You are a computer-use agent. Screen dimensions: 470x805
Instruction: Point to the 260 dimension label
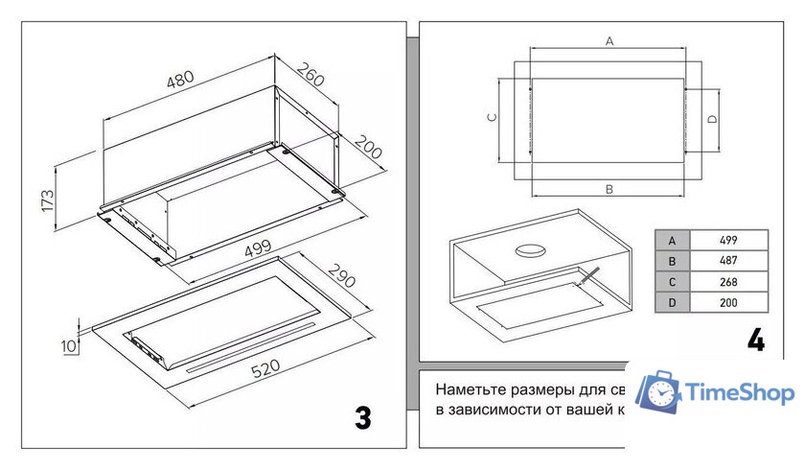click(310, 75)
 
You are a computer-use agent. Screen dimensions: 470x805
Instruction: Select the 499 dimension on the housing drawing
click(257, 247)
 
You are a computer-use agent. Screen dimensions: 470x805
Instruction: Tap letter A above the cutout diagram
click(609, 40)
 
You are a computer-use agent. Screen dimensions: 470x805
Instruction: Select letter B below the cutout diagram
click(609, 190)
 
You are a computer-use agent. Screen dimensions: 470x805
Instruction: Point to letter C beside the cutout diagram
click(491, 117)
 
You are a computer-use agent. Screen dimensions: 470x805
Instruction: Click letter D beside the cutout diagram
click(712, 119)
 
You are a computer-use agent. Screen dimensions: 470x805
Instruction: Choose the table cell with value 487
click(728, 261)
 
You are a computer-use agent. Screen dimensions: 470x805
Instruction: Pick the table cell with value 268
click(728, 282)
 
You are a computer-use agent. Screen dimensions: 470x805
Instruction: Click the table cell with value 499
click(728, 240)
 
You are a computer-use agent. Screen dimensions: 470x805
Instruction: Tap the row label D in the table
click(672, 303)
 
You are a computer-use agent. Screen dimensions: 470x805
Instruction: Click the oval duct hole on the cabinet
click(530, 251)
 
